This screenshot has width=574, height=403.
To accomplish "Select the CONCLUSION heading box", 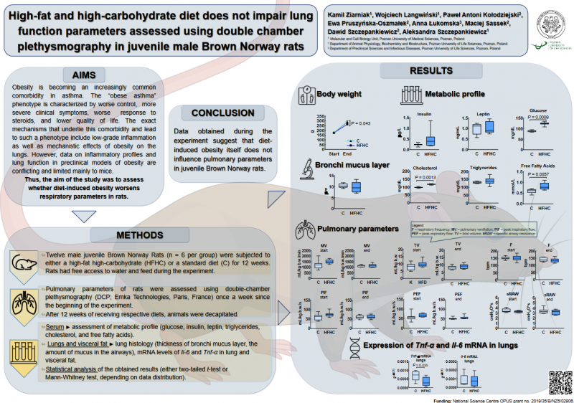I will click(222, 113).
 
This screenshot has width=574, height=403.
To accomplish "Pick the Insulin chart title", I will click(425, 113).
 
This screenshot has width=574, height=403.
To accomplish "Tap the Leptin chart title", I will click(482, 113).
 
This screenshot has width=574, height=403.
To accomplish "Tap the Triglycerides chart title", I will click(484, 166).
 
